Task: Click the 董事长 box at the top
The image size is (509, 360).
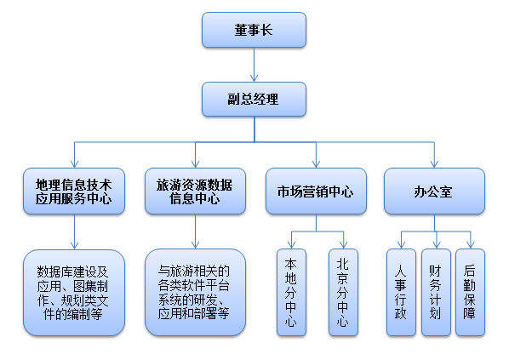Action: [254, 30]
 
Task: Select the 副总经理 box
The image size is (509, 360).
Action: [254, 99]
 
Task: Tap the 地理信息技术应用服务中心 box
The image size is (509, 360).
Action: [74, 191]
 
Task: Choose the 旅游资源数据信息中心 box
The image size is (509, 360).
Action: [195, 191]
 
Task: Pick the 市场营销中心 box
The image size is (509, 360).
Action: [316, 191]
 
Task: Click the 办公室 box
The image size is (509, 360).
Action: [434, 191]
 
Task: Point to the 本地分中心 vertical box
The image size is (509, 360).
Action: [290, 292]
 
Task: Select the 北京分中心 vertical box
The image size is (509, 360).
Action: [342, 292]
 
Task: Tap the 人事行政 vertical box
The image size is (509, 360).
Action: [401, 292]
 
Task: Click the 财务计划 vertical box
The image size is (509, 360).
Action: [436, 292]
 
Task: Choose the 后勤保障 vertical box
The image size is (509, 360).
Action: [470, 292]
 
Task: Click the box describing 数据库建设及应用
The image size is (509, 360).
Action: [74, 292]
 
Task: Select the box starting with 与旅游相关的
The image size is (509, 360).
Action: [195, 292]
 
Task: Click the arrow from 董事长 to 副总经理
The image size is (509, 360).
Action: [254, 65]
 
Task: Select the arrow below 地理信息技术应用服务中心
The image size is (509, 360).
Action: [74, 231]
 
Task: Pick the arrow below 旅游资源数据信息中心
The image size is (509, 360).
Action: [195, 231]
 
